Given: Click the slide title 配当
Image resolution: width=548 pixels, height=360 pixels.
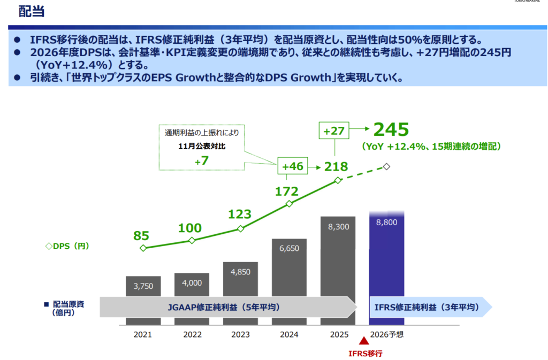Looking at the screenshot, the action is tap(32, 12).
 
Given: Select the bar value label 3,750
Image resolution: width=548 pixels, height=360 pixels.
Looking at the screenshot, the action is tap(143, 286).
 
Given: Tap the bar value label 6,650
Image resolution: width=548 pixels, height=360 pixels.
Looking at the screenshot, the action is tap(289, 248).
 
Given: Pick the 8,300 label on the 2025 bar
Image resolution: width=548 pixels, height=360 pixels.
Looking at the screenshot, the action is tap(338, 227).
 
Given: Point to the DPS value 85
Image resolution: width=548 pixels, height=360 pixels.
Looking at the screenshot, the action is tap(141, 236).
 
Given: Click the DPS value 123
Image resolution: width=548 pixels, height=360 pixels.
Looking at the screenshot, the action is tap(240, 214).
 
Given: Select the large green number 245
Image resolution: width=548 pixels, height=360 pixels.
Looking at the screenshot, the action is tap(391, 129).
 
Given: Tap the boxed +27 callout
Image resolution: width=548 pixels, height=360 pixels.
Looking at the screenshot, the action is tap(334, 131).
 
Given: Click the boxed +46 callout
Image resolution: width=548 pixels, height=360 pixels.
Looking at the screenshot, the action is tap(293, 166).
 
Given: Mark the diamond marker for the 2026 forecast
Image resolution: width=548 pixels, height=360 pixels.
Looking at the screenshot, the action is tap(386, 166).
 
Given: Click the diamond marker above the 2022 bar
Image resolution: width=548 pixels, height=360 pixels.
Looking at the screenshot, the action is tap(192, 240).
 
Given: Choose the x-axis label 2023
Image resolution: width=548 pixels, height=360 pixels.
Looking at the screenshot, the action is tap(240, 334).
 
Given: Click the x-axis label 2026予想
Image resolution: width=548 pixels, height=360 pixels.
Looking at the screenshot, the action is tap(387, 334).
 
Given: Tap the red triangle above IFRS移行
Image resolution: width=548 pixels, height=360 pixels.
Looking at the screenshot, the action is tap(364, 340).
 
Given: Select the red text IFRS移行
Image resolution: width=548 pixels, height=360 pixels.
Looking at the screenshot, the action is tap(365, 354).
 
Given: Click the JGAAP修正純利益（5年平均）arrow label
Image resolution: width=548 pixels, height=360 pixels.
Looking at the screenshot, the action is tap(224, 307).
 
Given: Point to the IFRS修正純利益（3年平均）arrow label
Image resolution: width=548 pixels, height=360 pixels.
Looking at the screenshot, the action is tap(427, 307).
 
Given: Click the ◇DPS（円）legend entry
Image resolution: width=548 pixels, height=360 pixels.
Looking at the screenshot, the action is tap(67, 246).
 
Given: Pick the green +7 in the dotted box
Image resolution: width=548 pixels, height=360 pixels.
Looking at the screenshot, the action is tap(202, 160).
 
